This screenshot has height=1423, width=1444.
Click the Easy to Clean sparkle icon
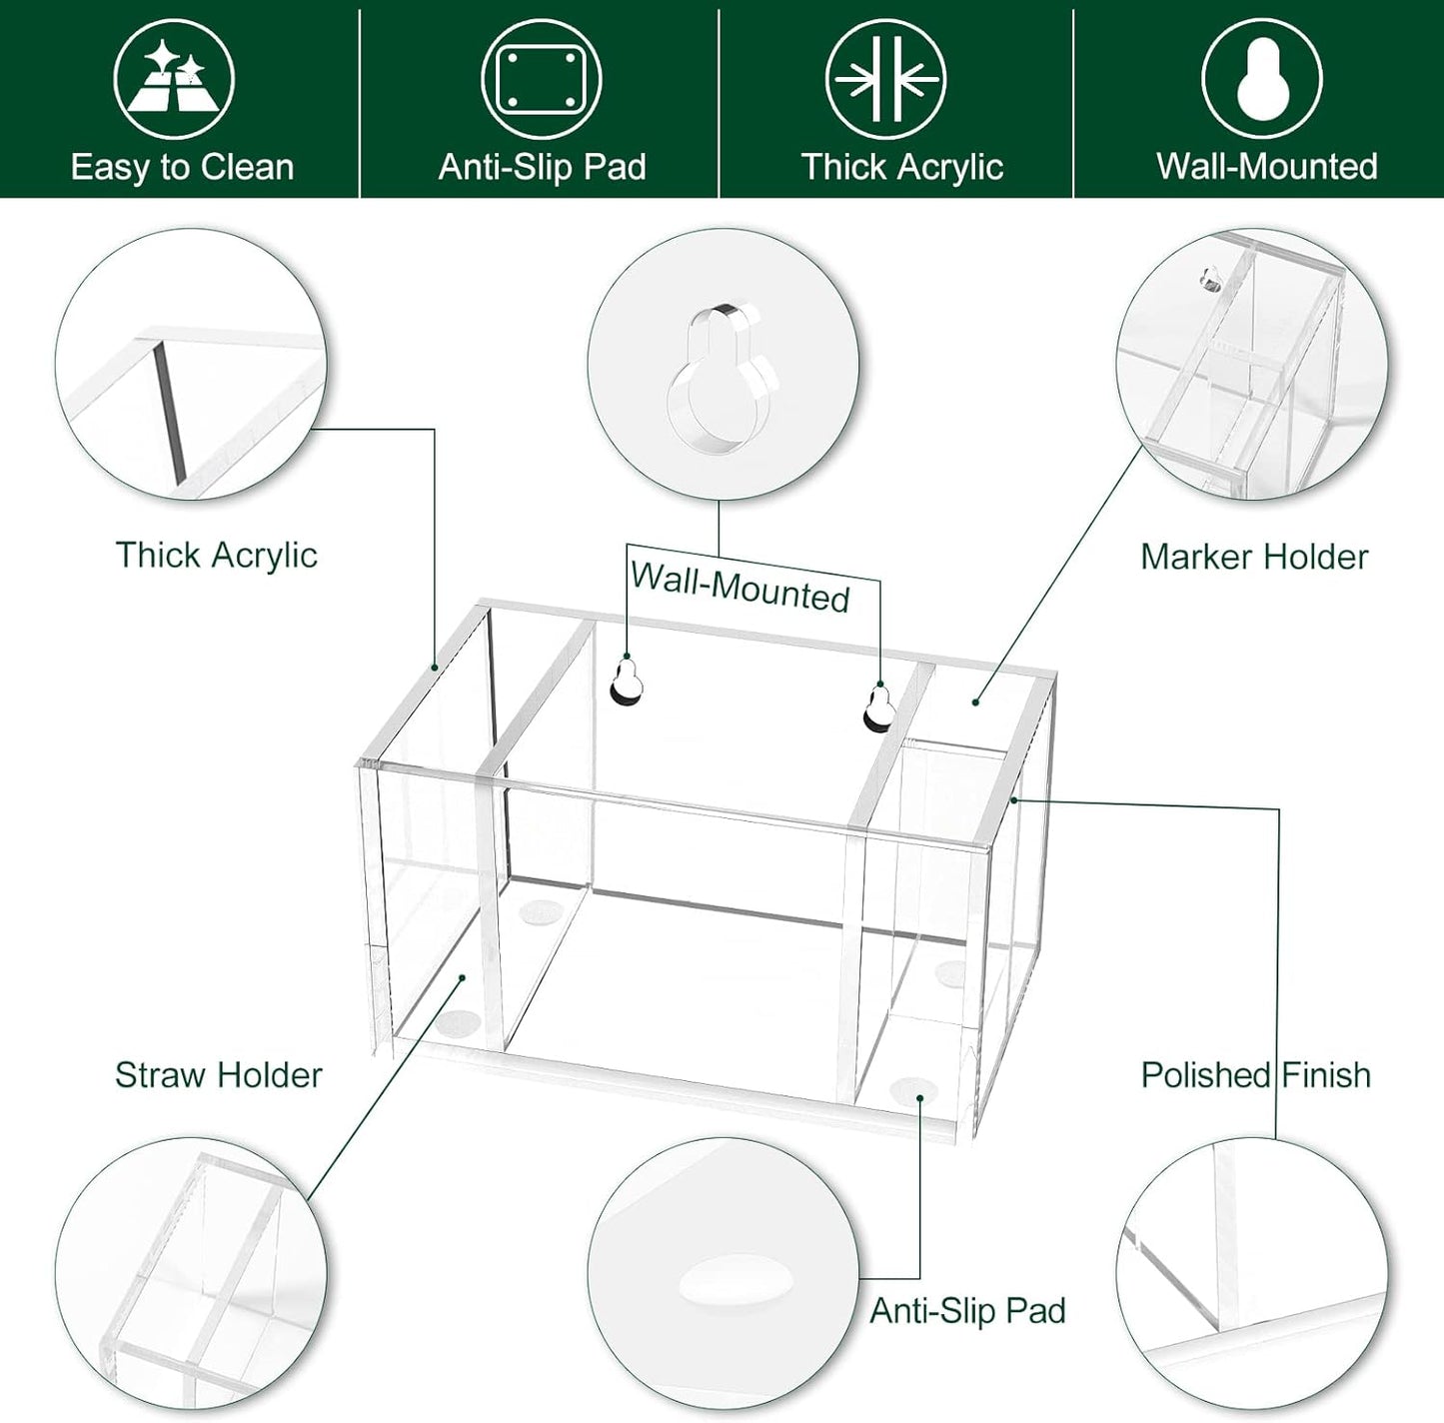tap(173, 79)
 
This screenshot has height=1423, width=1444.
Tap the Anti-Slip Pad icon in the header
tap(541, 79)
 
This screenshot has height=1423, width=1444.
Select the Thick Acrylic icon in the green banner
tap(886, 79)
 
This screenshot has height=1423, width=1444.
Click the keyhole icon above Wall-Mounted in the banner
tap(1261, 79)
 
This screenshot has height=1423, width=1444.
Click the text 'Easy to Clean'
tap(182, 167)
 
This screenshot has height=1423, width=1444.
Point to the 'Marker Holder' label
tap(1253, 557)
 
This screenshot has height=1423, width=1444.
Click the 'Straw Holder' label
tap(218, 1075)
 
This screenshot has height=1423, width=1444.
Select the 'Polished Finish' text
tap(1255, 1075)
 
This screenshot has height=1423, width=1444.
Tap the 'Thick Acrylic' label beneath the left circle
tap(216, 555)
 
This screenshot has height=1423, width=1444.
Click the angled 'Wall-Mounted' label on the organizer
tap(739, 588)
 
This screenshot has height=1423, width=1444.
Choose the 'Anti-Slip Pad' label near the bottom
tap(966, 1310)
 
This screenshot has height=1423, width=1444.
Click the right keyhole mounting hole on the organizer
tap(878, 707)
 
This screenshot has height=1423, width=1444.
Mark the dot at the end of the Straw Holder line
tap(462, 978)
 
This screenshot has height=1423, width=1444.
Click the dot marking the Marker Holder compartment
tap(975, 703)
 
